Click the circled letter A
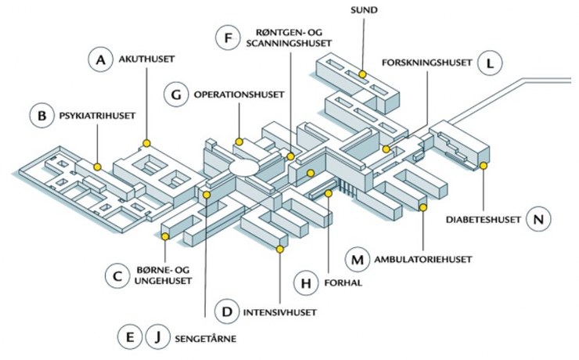pos(101,60)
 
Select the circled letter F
pos(228,38)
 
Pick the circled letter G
pos(177,95)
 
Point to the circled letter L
pos(490,63)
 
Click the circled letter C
pos(117,276)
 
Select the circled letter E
pos(129,338)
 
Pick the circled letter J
pos(158,338)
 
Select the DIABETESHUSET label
pos(484,220)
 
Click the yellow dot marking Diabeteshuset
pos(484,166)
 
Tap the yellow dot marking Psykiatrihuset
pos(98,166)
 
